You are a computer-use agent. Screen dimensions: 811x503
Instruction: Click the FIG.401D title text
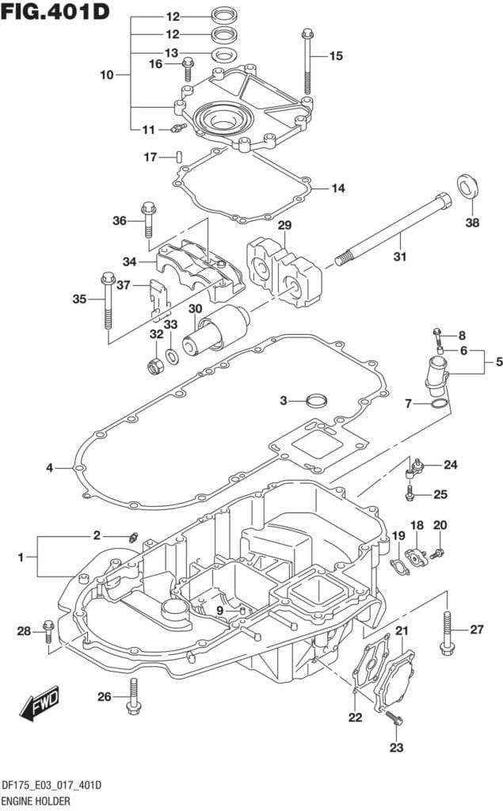coord(55,12)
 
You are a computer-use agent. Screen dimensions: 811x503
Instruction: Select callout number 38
coord(472,223)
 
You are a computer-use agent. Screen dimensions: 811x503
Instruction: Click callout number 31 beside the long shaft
coord(400,257)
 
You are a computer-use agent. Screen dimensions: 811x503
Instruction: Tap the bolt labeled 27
coord(447,634)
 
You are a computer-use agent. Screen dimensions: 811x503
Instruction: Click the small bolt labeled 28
coord(48,631)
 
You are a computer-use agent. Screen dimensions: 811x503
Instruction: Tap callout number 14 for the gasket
coord(338,188)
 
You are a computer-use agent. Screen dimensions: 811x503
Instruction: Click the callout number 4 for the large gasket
coord(49,468)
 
